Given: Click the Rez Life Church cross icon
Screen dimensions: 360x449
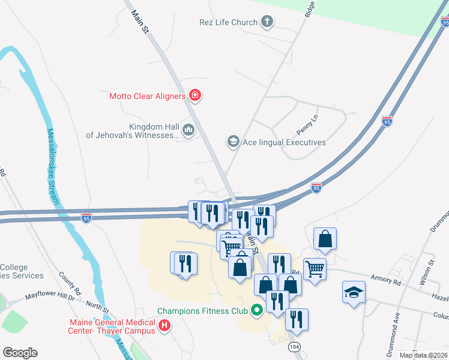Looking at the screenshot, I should [267, 23].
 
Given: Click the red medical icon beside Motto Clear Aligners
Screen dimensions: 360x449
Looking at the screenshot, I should [194, 95].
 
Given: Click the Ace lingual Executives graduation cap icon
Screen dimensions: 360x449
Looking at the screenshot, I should [232, 142].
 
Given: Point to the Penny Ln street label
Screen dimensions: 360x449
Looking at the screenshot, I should [307, 124].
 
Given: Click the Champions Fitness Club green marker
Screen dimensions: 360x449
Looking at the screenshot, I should [258, 311].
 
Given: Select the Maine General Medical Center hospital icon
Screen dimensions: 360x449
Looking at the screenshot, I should [164, 327].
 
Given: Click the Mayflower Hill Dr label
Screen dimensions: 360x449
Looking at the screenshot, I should [49, 296].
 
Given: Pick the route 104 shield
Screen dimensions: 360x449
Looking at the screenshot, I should [294, 347].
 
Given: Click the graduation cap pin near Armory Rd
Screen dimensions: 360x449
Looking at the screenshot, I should [354, 292].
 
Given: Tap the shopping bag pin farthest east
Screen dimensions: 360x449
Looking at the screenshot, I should [325, 239].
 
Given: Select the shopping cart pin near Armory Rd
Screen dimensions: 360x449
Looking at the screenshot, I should [315, 268].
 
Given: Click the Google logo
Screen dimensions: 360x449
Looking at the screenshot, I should [20, 353].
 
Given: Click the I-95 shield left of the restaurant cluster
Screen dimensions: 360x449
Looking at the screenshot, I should [87, 217].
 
